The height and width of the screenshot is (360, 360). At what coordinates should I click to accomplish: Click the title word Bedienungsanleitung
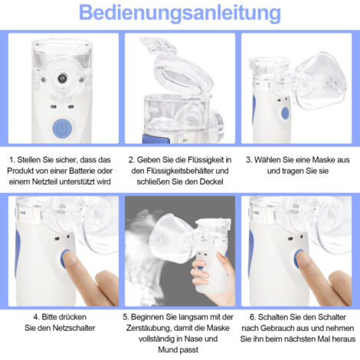[x=180, y=14]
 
